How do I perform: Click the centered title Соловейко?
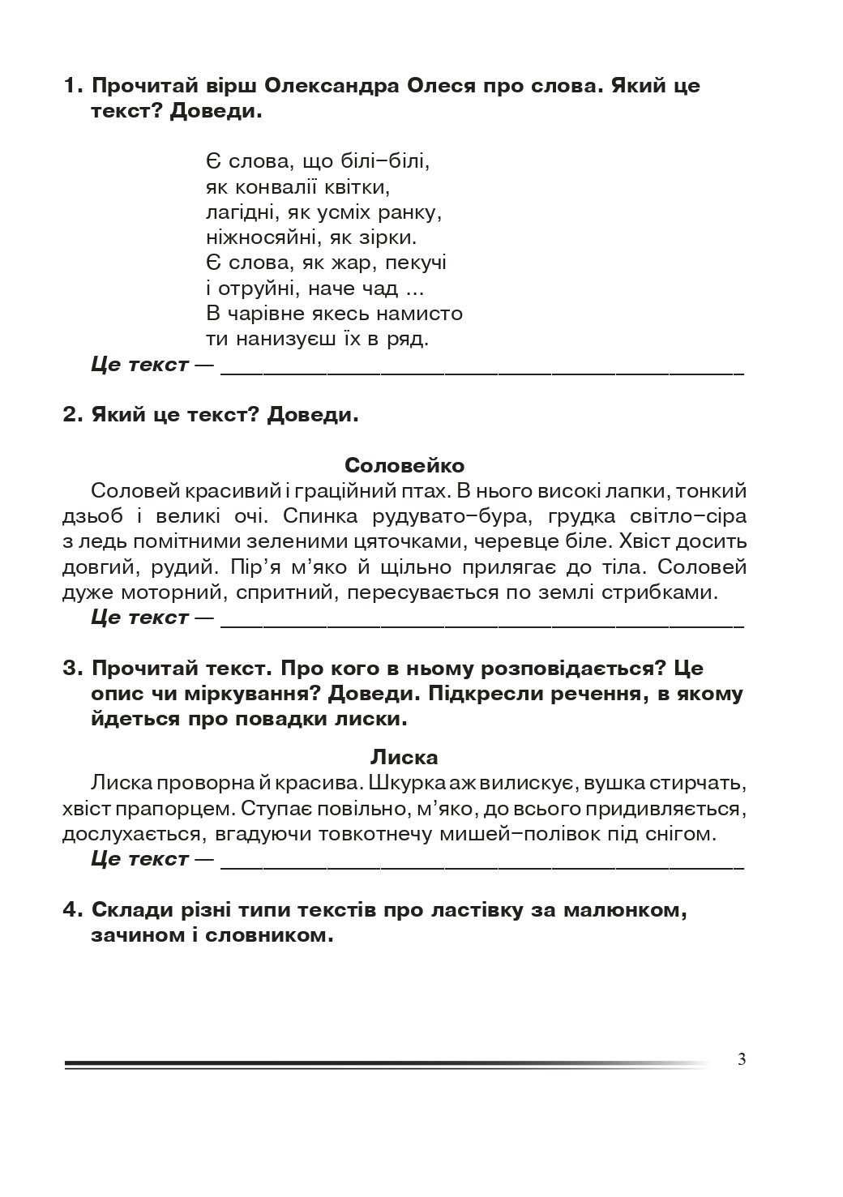(x=404, y=466)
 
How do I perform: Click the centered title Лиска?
(x=404, y=758)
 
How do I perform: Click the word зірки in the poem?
(x=392, y=238)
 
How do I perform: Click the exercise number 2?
(x=71, y=416)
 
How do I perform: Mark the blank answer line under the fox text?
(x=481, y=865)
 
